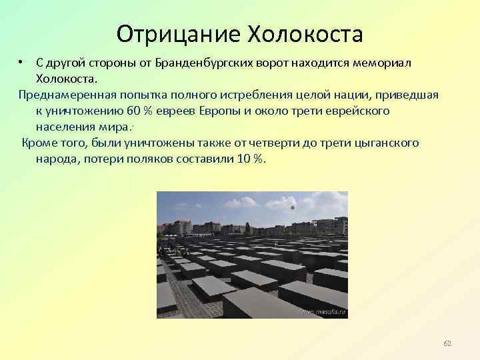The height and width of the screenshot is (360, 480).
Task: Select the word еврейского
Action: pyautogui.click(x=358, y=111)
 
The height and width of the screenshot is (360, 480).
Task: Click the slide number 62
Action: pyautogui.click(x=447, y=343)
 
